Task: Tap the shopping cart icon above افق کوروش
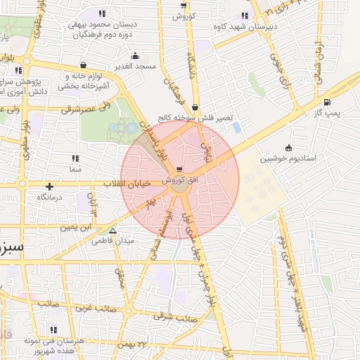tap(181, 169)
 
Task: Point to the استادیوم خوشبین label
tap(290, 158)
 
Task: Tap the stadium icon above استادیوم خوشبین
tap(288, 147)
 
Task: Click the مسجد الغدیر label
tap(136, 66)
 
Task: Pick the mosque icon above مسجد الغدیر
tap(135, 56)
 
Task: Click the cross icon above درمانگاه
tap(49, 186)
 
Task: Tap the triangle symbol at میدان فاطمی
tap(112, 230)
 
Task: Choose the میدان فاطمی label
tap(111, 241)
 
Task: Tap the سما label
tap(76, 169)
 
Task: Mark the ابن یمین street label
tap(75, 227)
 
